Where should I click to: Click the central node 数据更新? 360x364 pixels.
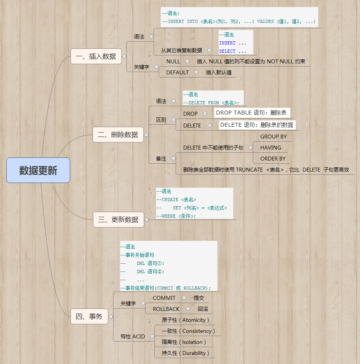38,170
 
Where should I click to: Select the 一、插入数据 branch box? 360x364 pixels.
96,56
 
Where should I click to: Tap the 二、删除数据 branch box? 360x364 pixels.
118,135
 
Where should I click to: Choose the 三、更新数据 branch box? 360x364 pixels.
119,220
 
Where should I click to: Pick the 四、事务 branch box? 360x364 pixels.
89,316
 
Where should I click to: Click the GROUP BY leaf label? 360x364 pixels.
273,137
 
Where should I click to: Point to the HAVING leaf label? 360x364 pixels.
271,148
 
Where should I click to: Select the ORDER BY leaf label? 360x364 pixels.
273,159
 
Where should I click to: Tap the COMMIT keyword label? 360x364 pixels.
164,298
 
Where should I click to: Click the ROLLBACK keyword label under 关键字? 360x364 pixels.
166,309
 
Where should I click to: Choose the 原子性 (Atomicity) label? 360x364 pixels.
186,320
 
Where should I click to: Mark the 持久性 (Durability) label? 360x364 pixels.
186,353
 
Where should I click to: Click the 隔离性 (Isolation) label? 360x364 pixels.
184,342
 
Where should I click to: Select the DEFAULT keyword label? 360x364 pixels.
177,72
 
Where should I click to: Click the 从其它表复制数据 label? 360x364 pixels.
181,50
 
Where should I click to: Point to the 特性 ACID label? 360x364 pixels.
132,336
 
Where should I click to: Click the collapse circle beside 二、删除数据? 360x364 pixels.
147,135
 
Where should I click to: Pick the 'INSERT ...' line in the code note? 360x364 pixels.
232,43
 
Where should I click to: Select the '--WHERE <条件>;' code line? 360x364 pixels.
176,216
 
